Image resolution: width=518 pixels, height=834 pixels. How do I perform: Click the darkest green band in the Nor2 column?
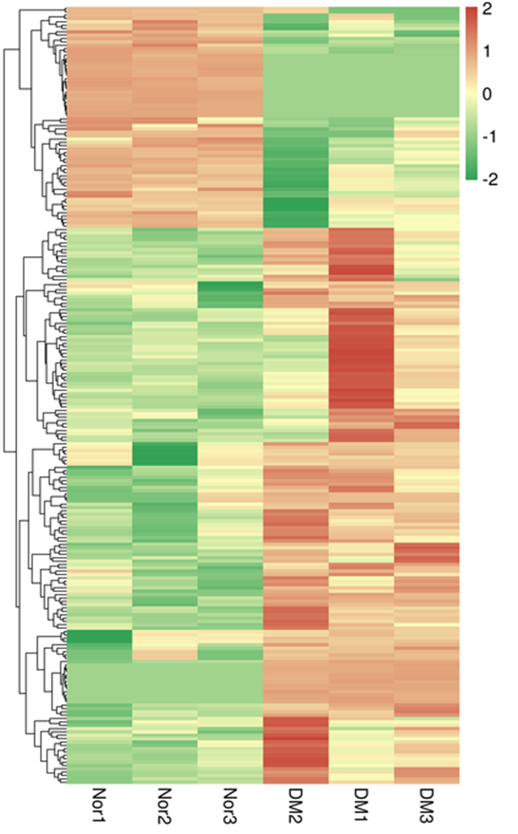[x=164, y=454]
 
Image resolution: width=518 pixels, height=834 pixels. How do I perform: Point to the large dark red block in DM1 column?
[x=361, y=361]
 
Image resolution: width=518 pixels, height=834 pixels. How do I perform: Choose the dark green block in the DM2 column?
[x=295, y=176]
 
